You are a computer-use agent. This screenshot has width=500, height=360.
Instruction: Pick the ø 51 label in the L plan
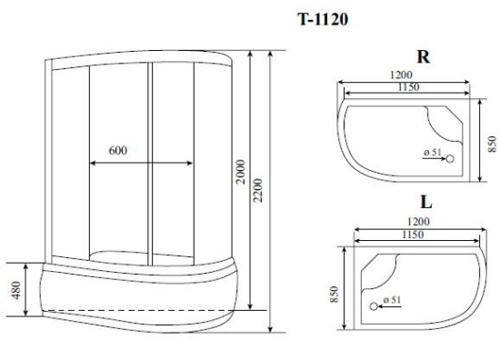tap(392, 299)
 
